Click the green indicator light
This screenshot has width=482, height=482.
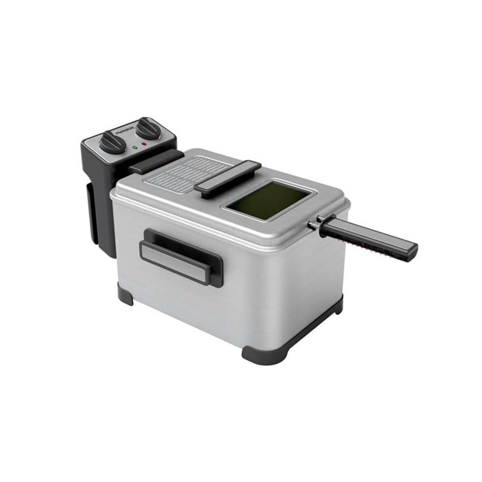coord(135,147)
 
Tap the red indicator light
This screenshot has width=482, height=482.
coord(144,143)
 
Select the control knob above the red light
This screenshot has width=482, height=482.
coord(147,128)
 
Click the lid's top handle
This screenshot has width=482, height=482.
coord(228,179)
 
